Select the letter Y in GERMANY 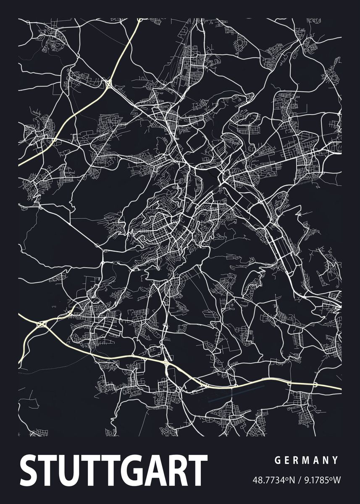click(335, 460)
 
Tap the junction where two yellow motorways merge click(42, 323)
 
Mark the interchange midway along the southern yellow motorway click(167, 362)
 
